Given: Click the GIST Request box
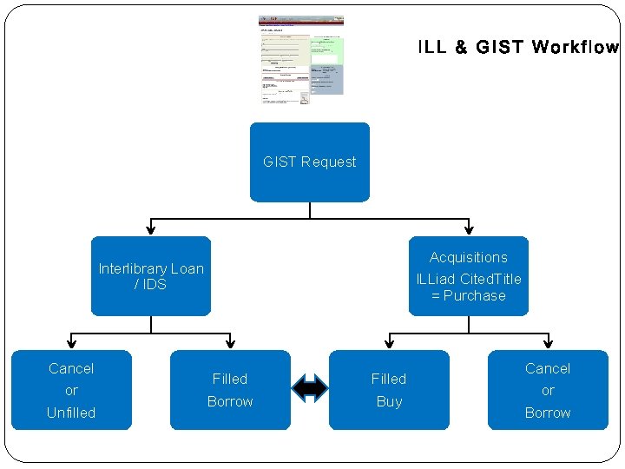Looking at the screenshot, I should pos(310,162).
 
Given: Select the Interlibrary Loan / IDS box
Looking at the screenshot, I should pos(151,276).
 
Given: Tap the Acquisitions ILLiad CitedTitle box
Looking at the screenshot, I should pos(469,276).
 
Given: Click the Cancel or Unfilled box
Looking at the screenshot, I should pos(71,390).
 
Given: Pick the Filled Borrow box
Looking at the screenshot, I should pos(230,390).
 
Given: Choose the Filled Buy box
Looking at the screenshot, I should pos(389,390).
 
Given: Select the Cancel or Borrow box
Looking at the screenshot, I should pos(548,390).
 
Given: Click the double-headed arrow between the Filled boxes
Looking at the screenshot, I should pos(310,388).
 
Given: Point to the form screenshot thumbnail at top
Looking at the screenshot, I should pos(301,60).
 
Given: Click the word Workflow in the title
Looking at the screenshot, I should pos(575,47).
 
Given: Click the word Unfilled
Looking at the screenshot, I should pos(71,413).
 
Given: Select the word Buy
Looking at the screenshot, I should pos(389,402).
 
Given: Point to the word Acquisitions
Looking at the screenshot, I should pos(469,257).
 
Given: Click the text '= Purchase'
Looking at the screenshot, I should pos(469,295).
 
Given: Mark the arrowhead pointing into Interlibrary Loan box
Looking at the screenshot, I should pos(151,230).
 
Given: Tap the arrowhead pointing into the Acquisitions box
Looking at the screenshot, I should pos(469,230).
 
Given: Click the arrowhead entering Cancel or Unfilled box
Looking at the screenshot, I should pos(71,344).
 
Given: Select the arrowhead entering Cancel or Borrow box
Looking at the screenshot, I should pos(548,344).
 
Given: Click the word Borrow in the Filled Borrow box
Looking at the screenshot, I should pos(230,402).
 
